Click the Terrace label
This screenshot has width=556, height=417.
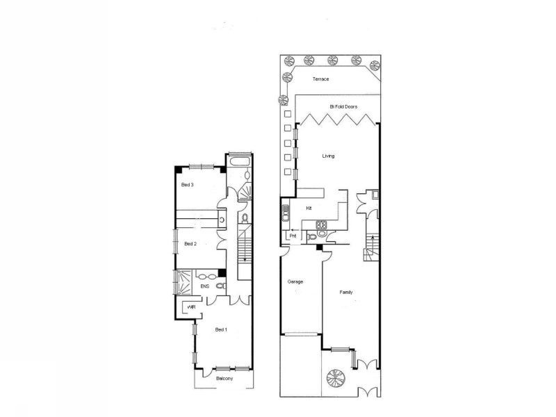320,79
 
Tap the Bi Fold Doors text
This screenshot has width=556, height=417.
343,106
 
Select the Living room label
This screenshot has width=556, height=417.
328,156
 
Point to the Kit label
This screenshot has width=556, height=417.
309,208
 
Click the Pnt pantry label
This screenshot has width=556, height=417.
293,236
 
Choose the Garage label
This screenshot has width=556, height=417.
295,281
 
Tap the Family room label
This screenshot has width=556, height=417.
346,292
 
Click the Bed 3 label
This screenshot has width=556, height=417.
187,185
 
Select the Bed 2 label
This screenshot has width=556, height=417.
190,244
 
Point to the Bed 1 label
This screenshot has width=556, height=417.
221,329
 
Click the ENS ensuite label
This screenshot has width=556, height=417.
204,286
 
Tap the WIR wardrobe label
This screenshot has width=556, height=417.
191,307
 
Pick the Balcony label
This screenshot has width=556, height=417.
224,379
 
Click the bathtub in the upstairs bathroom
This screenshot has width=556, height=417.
240,162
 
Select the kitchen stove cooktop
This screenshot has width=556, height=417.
322,224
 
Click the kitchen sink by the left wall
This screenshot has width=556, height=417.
286,213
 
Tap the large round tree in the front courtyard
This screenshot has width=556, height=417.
336,378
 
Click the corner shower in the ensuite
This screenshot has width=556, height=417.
183,282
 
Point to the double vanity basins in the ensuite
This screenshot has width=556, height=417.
207,277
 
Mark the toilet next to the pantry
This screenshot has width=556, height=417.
313,236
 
